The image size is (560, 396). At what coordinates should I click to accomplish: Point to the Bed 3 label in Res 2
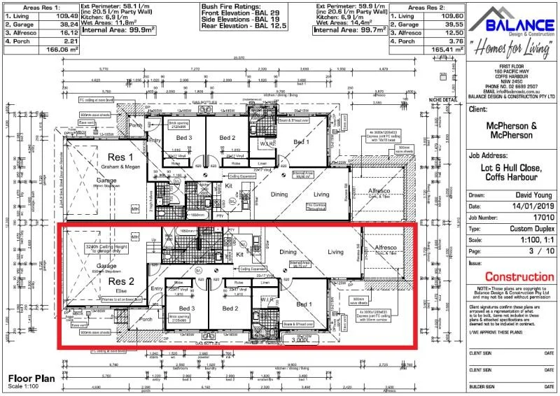pyautogui.click(x=187, y=308)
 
